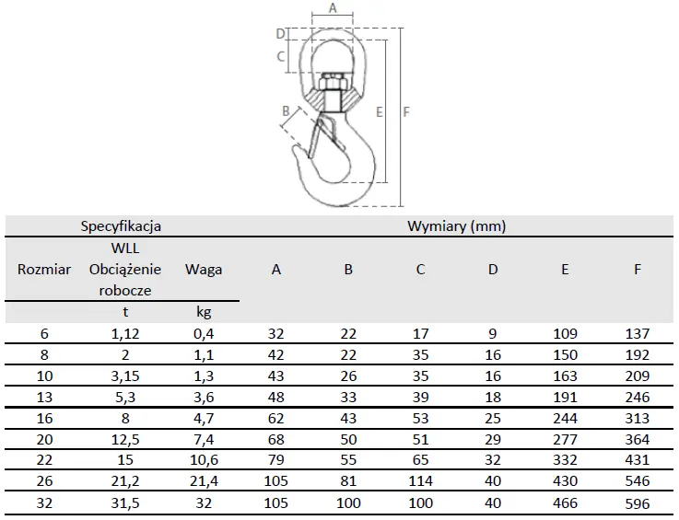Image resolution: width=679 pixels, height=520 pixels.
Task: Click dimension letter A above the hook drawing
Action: pyautogui.click(x=333, y=7)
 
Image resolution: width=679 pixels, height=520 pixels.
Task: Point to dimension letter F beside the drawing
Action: pyautogui.click(x=405, y=112)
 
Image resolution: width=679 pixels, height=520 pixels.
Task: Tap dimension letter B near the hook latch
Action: pyautogui.click(x=286, y=111)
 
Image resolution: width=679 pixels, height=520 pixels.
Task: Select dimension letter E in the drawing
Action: pyautogui.click(x=380, y=112)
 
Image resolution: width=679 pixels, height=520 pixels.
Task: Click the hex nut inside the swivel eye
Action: pyautogui.click(x=332, y=81)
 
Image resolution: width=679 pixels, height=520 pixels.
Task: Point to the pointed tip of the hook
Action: pyautogui.click(x=296, y=148)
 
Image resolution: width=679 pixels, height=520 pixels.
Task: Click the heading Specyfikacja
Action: pyautogui.click(x=121, y=226)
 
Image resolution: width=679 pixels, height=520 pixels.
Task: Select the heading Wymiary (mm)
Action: pyautogui.click(x=456, y=226)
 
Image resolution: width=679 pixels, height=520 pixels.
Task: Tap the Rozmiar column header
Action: pyautogui.click(x=44, y=270)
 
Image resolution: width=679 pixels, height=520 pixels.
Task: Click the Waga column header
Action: pyautogui.click(x=204, y=270)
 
